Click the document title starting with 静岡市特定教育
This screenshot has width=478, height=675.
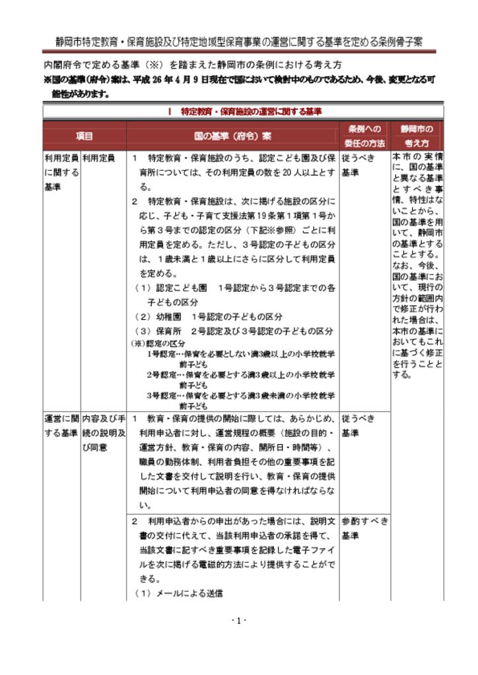click(239, 42)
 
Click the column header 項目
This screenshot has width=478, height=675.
click(85, 136)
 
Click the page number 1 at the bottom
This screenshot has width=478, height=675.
click(239, 620)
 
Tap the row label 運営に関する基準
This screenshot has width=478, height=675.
click(61, 426)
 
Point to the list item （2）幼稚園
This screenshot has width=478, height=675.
click(209, 316)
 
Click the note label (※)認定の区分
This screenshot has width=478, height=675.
click(158, 343)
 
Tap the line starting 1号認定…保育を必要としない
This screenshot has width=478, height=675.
click(240, 353)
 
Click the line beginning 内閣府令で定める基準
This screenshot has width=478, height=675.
click(191, 65)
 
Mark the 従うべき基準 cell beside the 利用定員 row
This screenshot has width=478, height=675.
click(360, 165)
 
